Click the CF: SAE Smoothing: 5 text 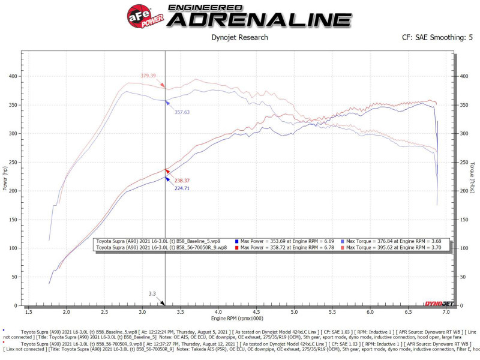437,38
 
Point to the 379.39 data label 148,76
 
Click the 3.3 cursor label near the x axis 152,294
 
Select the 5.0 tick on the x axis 294,313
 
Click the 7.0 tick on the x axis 446,313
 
